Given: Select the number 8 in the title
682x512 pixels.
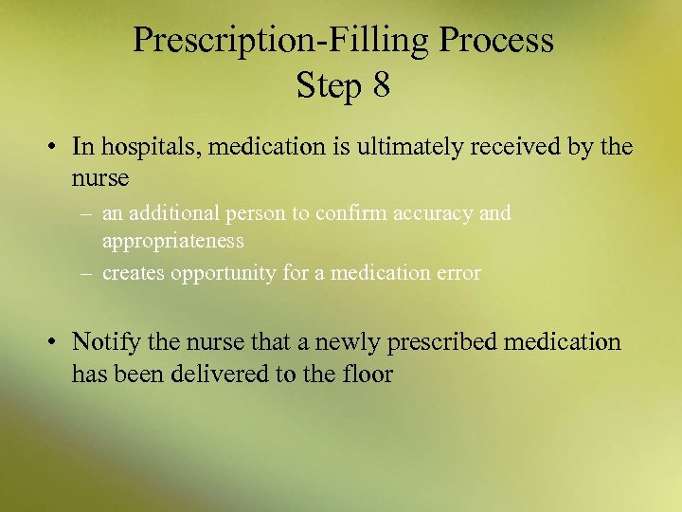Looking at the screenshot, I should point(381,86).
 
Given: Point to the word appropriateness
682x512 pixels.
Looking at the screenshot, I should point(173,241).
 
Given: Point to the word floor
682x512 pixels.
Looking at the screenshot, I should point(369,374).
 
